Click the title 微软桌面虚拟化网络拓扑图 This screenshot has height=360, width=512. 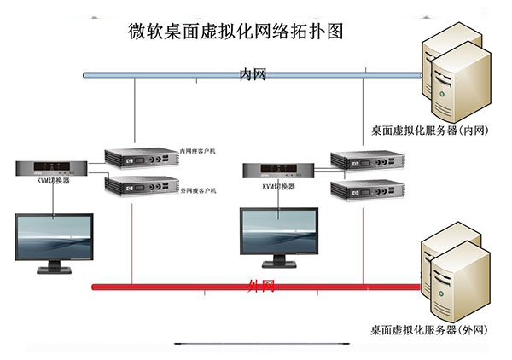pyautogui.click(x=236, y=32)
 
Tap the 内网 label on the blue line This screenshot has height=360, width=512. pyautogui.click(x=253, y=75)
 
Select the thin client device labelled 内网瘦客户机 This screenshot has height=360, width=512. pyautogui.click(x=139, y=158)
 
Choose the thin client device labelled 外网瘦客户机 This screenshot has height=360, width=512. pyautogui.click(x=139, y=185)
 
